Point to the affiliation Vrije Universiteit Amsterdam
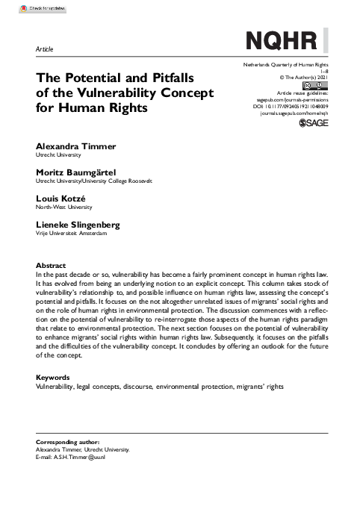tap(72, 233)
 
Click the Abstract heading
tap(51, 266)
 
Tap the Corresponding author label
tap(68, 443)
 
